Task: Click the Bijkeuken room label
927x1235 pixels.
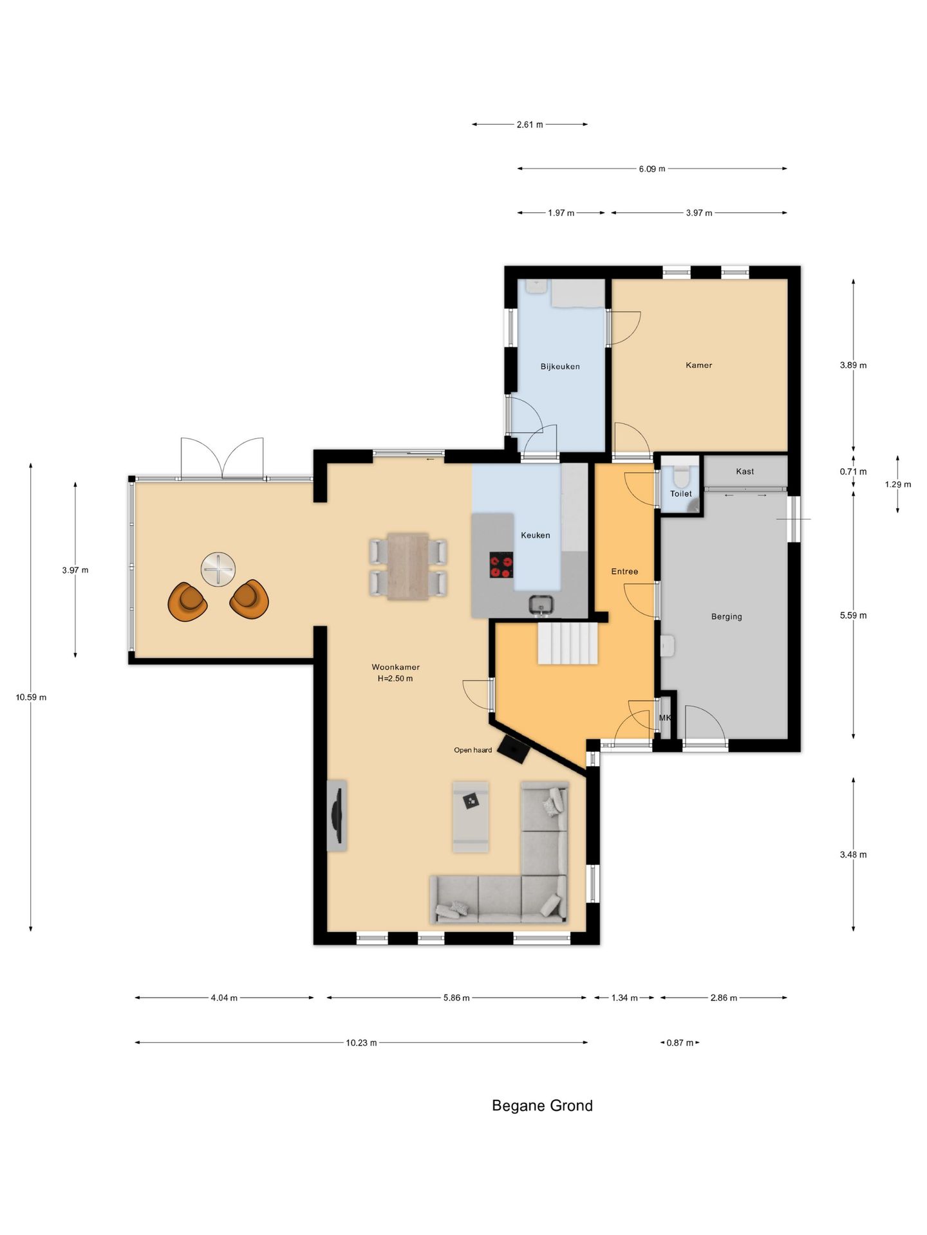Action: (x=560, y=367)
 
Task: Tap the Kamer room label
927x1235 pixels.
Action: (x=699, y=365)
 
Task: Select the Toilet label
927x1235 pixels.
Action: (x=681, y=494)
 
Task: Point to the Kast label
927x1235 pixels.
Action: (x=745, y=471)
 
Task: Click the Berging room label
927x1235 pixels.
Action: (x=727, y=616)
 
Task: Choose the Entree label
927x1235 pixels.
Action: (x=624, y=571)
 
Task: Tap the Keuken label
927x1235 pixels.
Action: (x=536, y=535)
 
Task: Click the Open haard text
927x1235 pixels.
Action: (x=473, y=750)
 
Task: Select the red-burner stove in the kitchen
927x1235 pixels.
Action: (x=501, y=565)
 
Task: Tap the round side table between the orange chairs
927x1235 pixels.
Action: (x=218, y=569)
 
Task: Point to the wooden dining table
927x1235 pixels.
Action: (x=408, y=566)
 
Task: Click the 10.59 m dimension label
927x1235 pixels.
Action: (x=32, y=697)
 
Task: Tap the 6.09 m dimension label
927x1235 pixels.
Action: (x=652, y=169)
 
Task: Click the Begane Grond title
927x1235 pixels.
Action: (x=543, y=1106)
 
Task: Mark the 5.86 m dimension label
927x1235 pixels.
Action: (x=456, y=998)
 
